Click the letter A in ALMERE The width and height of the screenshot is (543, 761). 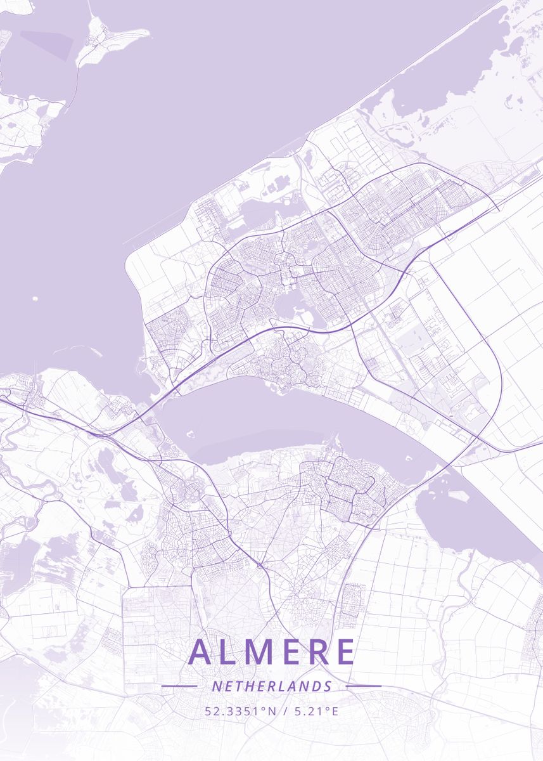pyautogui.click(x=202, y=652)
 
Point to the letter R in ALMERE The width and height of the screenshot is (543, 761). pyautogui.click(x=321, y=652)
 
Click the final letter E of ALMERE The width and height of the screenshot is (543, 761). pyautogui.click(x=346, y=652)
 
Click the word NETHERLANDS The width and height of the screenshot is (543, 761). pyautogui.click(x=272, y=686)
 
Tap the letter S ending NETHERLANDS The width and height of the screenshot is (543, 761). pyautogui.click(x=328, y=686)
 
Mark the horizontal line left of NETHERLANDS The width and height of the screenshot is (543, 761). pyautogui.click(x=179, y=686)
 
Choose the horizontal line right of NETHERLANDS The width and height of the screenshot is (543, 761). pyautogui.click(x=364, y=686)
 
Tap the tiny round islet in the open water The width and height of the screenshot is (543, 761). pyautogui.click(x=34, y=297)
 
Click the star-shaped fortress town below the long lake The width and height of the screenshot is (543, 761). pyautogui.click(x=188, y=493)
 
